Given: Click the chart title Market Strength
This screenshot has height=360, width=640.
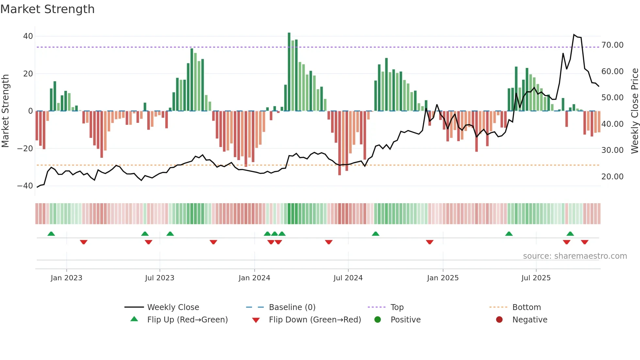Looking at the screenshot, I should click(47, 9).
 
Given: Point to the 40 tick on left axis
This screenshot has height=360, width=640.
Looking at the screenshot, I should click(28, 36).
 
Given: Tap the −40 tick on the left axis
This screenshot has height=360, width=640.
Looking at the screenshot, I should click(25, 186).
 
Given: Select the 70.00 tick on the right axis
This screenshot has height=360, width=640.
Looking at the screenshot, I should click(612, 45).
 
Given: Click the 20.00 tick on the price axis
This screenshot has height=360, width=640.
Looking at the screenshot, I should click(612, 177).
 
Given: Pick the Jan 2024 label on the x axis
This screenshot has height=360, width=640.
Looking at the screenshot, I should click(254, 278).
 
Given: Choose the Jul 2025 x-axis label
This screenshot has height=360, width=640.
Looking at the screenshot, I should click(536, 278).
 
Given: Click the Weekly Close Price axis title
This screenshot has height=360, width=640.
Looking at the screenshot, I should click(634, 111).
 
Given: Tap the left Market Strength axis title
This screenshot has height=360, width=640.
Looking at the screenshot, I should click(5, 111).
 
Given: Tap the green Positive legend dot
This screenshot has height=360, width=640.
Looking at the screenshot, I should click(378, 320).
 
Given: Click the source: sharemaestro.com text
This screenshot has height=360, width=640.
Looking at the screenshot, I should click(575, 256).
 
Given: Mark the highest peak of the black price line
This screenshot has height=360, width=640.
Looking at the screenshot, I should click(574, 35).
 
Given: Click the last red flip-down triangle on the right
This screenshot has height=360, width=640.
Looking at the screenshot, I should click(584, 242).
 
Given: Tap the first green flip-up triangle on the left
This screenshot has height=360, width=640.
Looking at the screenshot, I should click(51, 234).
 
